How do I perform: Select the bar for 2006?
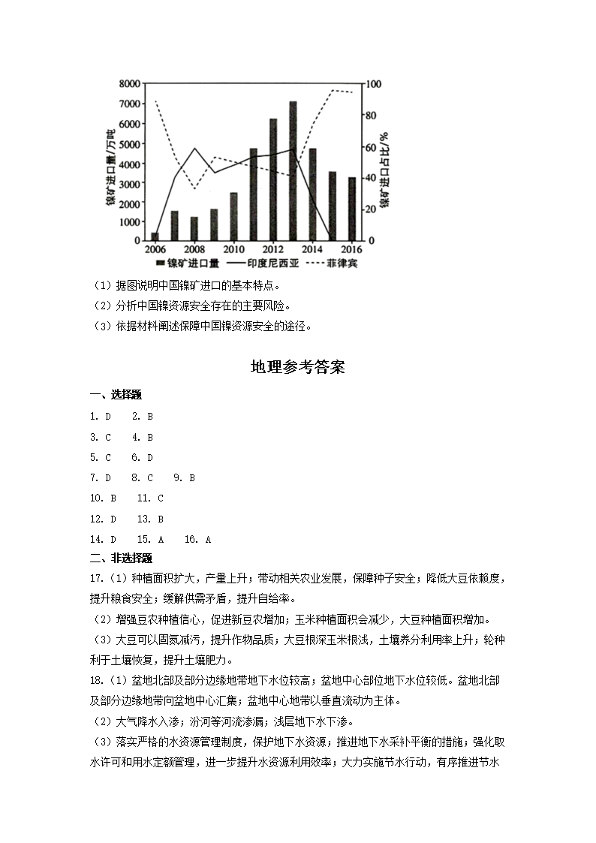click(155, 236)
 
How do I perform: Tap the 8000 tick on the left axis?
click(129, 83)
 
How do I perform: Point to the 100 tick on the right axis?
click(373, 83)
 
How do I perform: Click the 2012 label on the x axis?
click(273, 249)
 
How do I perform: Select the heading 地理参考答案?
click(297, 368)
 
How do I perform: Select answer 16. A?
click(197, 539)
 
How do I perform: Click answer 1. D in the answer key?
click(100, 416)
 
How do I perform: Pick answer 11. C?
click(150, 498)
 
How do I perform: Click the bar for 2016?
click(352, 209)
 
